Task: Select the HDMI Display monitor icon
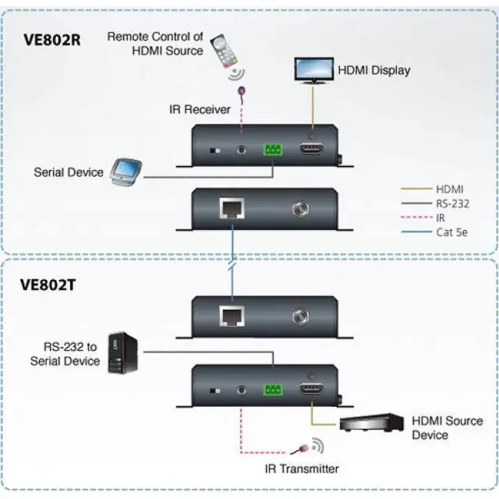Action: point(313,69)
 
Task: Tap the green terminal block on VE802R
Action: point(274,150)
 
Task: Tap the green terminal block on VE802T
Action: point(274,389)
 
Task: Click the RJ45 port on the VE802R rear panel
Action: point(232,209)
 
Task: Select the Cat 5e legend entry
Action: point(451,232)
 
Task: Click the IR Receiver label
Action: point(200,110)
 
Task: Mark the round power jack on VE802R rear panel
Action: point(300,209)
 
